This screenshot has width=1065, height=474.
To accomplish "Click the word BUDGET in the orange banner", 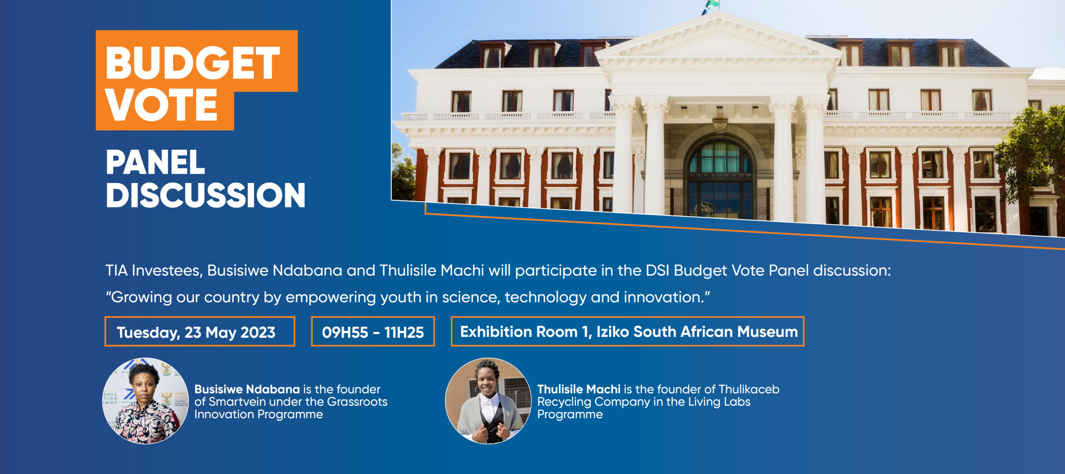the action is [193, 62].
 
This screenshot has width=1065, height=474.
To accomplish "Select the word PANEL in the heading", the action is [155, 162].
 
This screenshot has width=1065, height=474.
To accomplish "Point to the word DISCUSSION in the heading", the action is [206, 195].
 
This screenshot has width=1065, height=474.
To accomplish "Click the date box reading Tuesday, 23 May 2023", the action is [200, 331].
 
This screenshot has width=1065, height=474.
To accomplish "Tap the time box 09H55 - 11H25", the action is [373, 331].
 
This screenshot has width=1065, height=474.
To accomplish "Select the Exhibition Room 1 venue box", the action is [628, 331].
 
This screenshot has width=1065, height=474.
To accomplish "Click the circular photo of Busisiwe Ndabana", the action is [145, 400].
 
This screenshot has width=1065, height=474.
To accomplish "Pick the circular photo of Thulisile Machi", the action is [488, 400].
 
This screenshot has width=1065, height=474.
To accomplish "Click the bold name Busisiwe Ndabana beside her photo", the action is [247, 390].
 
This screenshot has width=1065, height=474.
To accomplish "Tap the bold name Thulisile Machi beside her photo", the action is [579, 390].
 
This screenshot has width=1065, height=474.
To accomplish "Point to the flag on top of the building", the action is [711, 7].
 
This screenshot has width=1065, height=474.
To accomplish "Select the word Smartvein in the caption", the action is [239, 402].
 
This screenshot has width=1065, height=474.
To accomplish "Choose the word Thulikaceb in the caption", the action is [749, 390].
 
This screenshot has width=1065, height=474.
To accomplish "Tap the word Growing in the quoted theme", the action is [142, 298].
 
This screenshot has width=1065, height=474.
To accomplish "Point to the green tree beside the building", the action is [1032, 154].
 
